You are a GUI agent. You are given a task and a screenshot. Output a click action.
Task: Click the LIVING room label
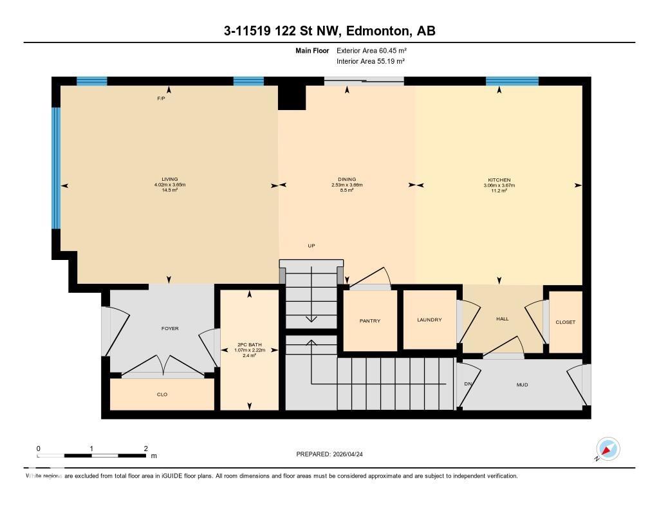pyautogui.click(x=170, y=179)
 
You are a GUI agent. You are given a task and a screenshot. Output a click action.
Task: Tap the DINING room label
pyautogui.click(x=347, y=179)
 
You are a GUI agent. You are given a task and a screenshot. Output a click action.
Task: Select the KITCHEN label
pyautogui.click(x=499, y=180)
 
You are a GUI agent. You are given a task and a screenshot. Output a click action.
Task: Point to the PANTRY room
pyautogui.click(x=370, y=320)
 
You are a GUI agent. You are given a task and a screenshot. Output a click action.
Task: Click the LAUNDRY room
pyautogui.click(x=429, y=320)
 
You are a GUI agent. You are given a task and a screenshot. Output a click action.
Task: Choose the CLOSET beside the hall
pyautogui.click(x=566, y=322)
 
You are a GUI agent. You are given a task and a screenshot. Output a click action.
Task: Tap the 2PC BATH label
pyautogui.click(x=250, y=345)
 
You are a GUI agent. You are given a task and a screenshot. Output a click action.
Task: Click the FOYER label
pyautogui.click(x=170, y=328)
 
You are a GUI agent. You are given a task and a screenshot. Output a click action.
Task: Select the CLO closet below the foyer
pyautogui.click(x=162, y=394)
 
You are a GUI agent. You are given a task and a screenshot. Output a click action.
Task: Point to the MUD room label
pyautogui.click(x=522, y=385)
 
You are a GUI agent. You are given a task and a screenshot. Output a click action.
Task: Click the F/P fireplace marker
pyautogui.click(x=161, y=98)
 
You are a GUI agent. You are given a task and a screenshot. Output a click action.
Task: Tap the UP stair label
pyautogui.click(x=311, y=246)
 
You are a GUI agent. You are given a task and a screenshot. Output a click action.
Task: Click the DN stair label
pyautogui.click(x=468, y=384)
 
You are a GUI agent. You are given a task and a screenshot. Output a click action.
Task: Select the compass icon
pyautogui.click(x=608, y=449)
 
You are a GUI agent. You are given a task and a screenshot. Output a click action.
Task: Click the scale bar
pyautogui.click(x=91, y=456)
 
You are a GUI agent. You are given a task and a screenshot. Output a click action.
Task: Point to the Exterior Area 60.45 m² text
pyautogui.click(x=371, y=50)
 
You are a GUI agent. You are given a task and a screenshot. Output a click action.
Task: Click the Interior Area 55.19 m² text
pyautogui.click(x=371, y=61)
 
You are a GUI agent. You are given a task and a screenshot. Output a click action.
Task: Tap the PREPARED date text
pyautogui.click(x=329, y=454)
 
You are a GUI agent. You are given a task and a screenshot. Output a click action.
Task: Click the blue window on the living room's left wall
pyautogui.click(x=56, y=168)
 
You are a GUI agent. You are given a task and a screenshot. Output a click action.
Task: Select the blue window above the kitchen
pyautogui.click(x=512, y=81)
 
